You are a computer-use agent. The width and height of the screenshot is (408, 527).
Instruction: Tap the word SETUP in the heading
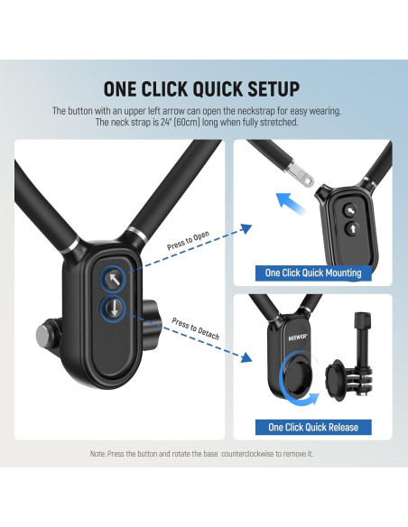click(x=268, y=88)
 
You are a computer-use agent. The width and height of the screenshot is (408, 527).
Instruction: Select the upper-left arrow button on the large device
click(x=115, y=279)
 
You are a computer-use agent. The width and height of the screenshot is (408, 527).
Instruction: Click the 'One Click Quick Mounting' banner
click(x=312, y=272)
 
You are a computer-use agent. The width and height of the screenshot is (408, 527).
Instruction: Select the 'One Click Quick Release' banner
click(x=312, y=427)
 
